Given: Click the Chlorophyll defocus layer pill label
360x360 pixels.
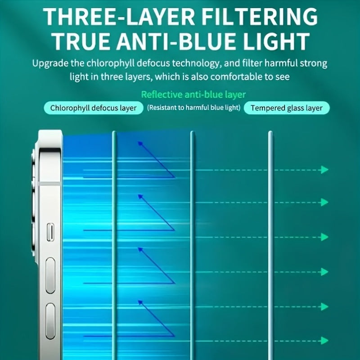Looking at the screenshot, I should tap(93, 108).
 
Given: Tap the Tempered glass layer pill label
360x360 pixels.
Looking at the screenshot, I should tap(287, 108).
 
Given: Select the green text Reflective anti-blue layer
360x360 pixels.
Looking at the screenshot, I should tap(193, 94).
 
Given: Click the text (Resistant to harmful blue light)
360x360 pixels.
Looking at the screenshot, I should tap(194, 108).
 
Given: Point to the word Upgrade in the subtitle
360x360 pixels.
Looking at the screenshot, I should tap(49, 63).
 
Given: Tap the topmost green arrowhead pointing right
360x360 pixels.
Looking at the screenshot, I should tap(324, 170).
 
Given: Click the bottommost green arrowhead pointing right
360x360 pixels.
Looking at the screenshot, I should tap(324, 341).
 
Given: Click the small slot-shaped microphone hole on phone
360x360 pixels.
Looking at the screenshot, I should tap(50, 232).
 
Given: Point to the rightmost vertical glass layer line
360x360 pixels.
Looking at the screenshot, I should tap(270, 243).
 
